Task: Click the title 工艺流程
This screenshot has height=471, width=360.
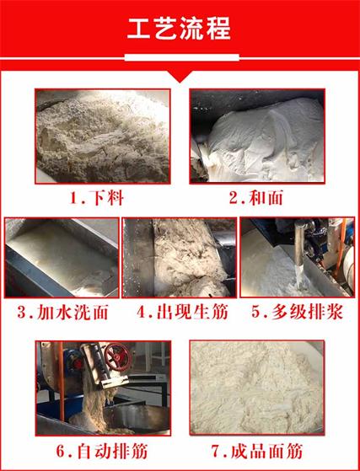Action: click(180, 28)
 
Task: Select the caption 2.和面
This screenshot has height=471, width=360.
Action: click(257, 199)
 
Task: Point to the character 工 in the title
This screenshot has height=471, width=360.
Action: click(139, 28)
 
